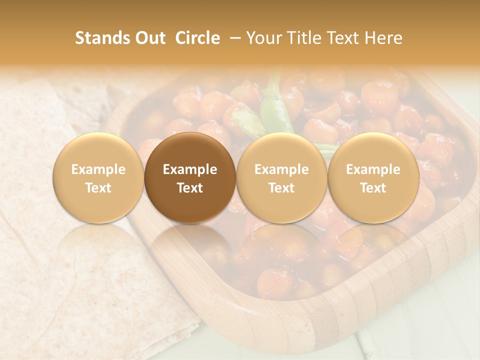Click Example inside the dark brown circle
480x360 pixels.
click(190, 169)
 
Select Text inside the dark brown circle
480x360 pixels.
click(190, 188)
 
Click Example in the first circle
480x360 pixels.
click(98, 169)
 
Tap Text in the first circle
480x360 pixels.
click(98, 188)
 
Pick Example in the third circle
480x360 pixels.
click(281, 169)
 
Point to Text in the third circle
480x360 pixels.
click(281, 188)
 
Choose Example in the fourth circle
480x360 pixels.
click(373, 169)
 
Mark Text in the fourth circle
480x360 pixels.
click(373, 188)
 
